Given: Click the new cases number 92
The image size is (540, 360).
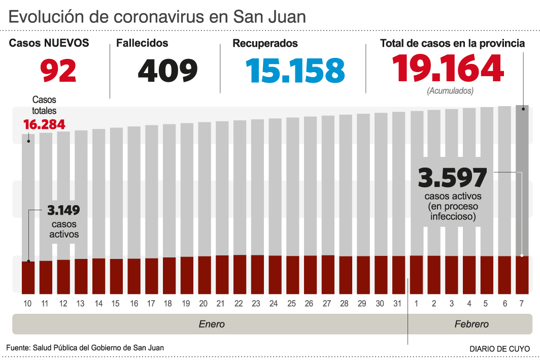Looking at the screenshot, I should pyautogui.click(x=59, y=71).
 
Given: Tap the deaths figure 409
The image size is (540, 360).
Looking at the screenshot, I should pyautogui.click(x=167, y=71).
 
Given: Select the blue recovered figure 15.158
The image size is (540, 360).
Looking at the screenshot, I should pyautogui.click(x=295, y=71).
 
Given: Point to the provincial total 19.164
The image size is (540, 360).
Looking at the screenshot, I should pyautogui.click(x=448, y=68).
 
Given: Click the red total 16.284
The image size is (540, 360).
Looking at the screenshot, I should pyautogui.click(x=44, y=124).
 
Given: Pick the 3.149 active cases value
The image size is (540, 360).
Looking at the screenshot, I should pyautogui.click(x=63, y=210).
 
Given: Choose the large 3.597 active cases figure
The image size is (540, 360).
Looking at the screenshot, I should pyautogui.click(x=452, y=178).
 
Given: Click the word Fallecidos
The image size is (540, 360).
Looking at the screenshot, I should pyautogui.click(x=142, y=44).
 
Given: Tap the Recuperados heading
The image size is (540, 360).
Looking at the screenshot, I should pyautogui.click(x=265, y=44).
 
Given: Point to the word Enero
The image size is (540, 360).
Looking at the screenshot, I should pyautogui.click(x=212, y=324).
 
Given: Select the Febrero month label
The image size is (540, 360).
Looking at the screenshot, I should pyautogui.click(x=471, y=324).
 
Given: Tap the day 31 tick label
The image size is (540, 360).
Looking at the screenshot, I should pyautogui.click(x=398, y=304).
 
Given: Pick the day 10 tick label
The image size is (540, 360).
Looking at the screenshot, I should pyautogui.click(x=28, y=304).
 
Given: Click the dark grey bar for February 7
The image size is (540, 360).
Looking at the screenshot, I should pyautogui.click(x=522, y=178).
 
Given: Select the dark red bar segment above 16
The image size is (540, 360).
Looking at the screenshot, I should pyautogui.click(x=134, y=275).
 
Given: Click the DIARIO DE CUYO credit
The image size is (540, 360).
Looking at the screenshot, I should pyautogui.click(x=500, y=349).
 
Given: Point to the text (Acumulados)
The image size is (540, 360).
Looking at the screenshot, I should pyautogui.click(x=450, y=91).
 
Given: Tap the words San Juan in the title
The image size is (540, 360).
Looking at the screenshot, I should pyautogui.click(x=269, y=17).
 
